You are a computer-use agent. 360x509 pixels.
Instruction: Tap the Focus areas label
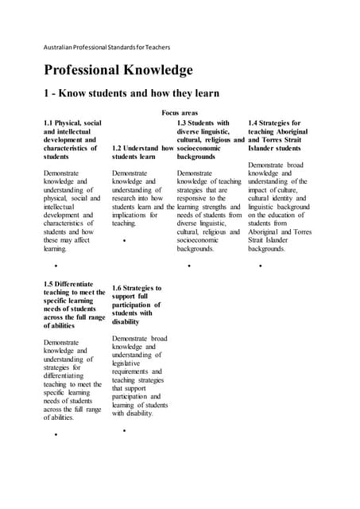pos(180,114)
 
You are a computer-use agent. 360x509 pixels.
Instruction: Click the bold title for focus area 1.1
pos(72,140)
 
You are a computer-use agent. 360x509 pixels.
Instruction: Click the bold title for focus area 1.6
pos(137,305)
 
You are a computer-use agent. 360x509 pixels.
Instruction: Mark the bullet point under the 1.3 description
pos(189,266)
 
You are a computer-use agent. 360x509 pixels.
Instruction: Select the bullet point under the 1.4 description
pos(260,266)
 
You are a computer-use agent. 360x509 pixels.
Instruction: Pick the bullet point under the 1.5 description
pos(56,435)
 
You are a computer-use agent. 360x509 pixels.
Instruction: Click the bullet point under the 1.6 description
pos(125,430)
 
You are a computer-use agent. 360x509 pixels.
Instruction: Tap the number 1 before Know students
pos(47,94)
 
